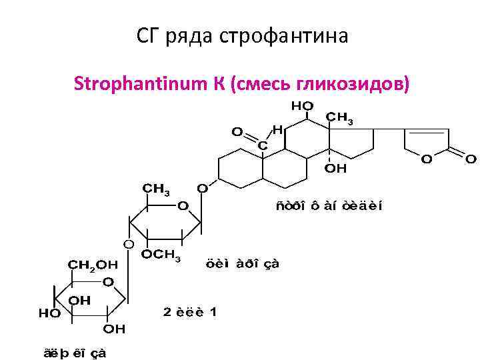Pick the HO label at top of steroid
[302, 105]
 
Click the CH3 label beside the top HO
[339, 118]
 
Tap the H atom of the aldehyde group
[277, 129]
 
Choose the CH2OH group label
[93, 264]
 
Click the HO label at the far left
[49, 311]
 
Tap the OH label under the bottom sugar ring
[113, 329]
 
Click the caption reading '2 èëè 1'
[190, 311]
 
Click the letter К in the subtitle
[221, 85]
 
